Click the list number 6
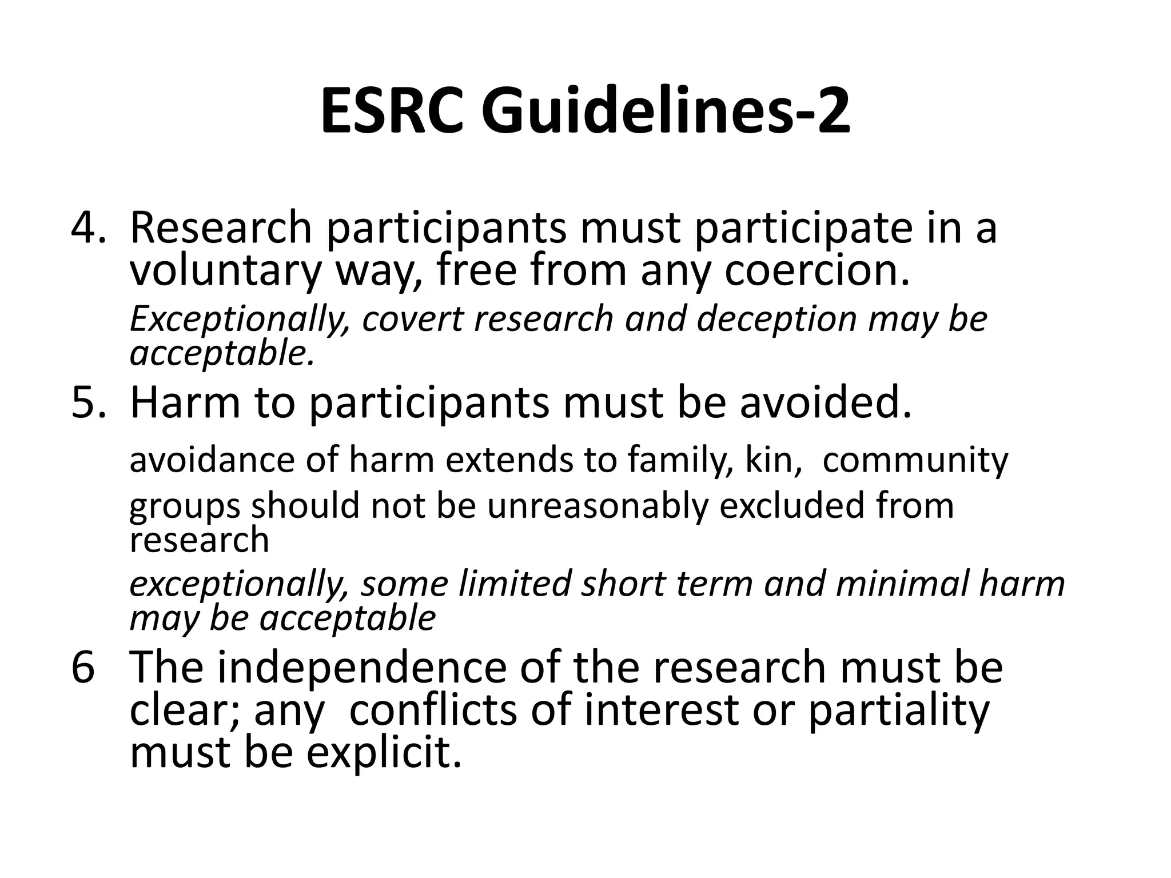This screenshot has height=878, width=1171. tap(82, 667)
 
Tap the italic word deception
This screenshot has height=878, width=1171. tap(776, 318)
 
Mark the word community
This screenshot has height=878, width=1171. tap(915, 460)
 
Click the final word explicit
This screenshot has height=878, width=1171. tap(384, 753)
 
